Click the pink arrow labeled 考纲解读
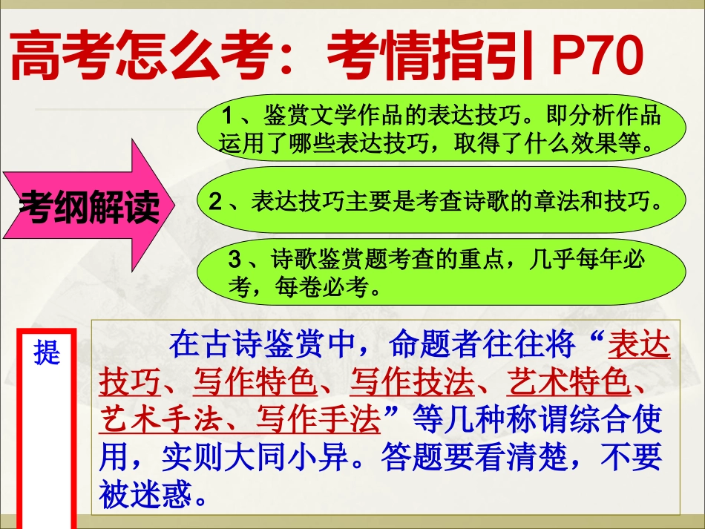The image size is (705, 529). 89,206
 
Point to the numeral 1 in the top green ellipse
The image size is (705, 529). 229,117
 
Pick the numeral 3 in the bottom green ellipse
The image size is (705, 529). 235,260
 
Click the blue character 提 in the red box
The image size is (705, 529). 47,353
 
